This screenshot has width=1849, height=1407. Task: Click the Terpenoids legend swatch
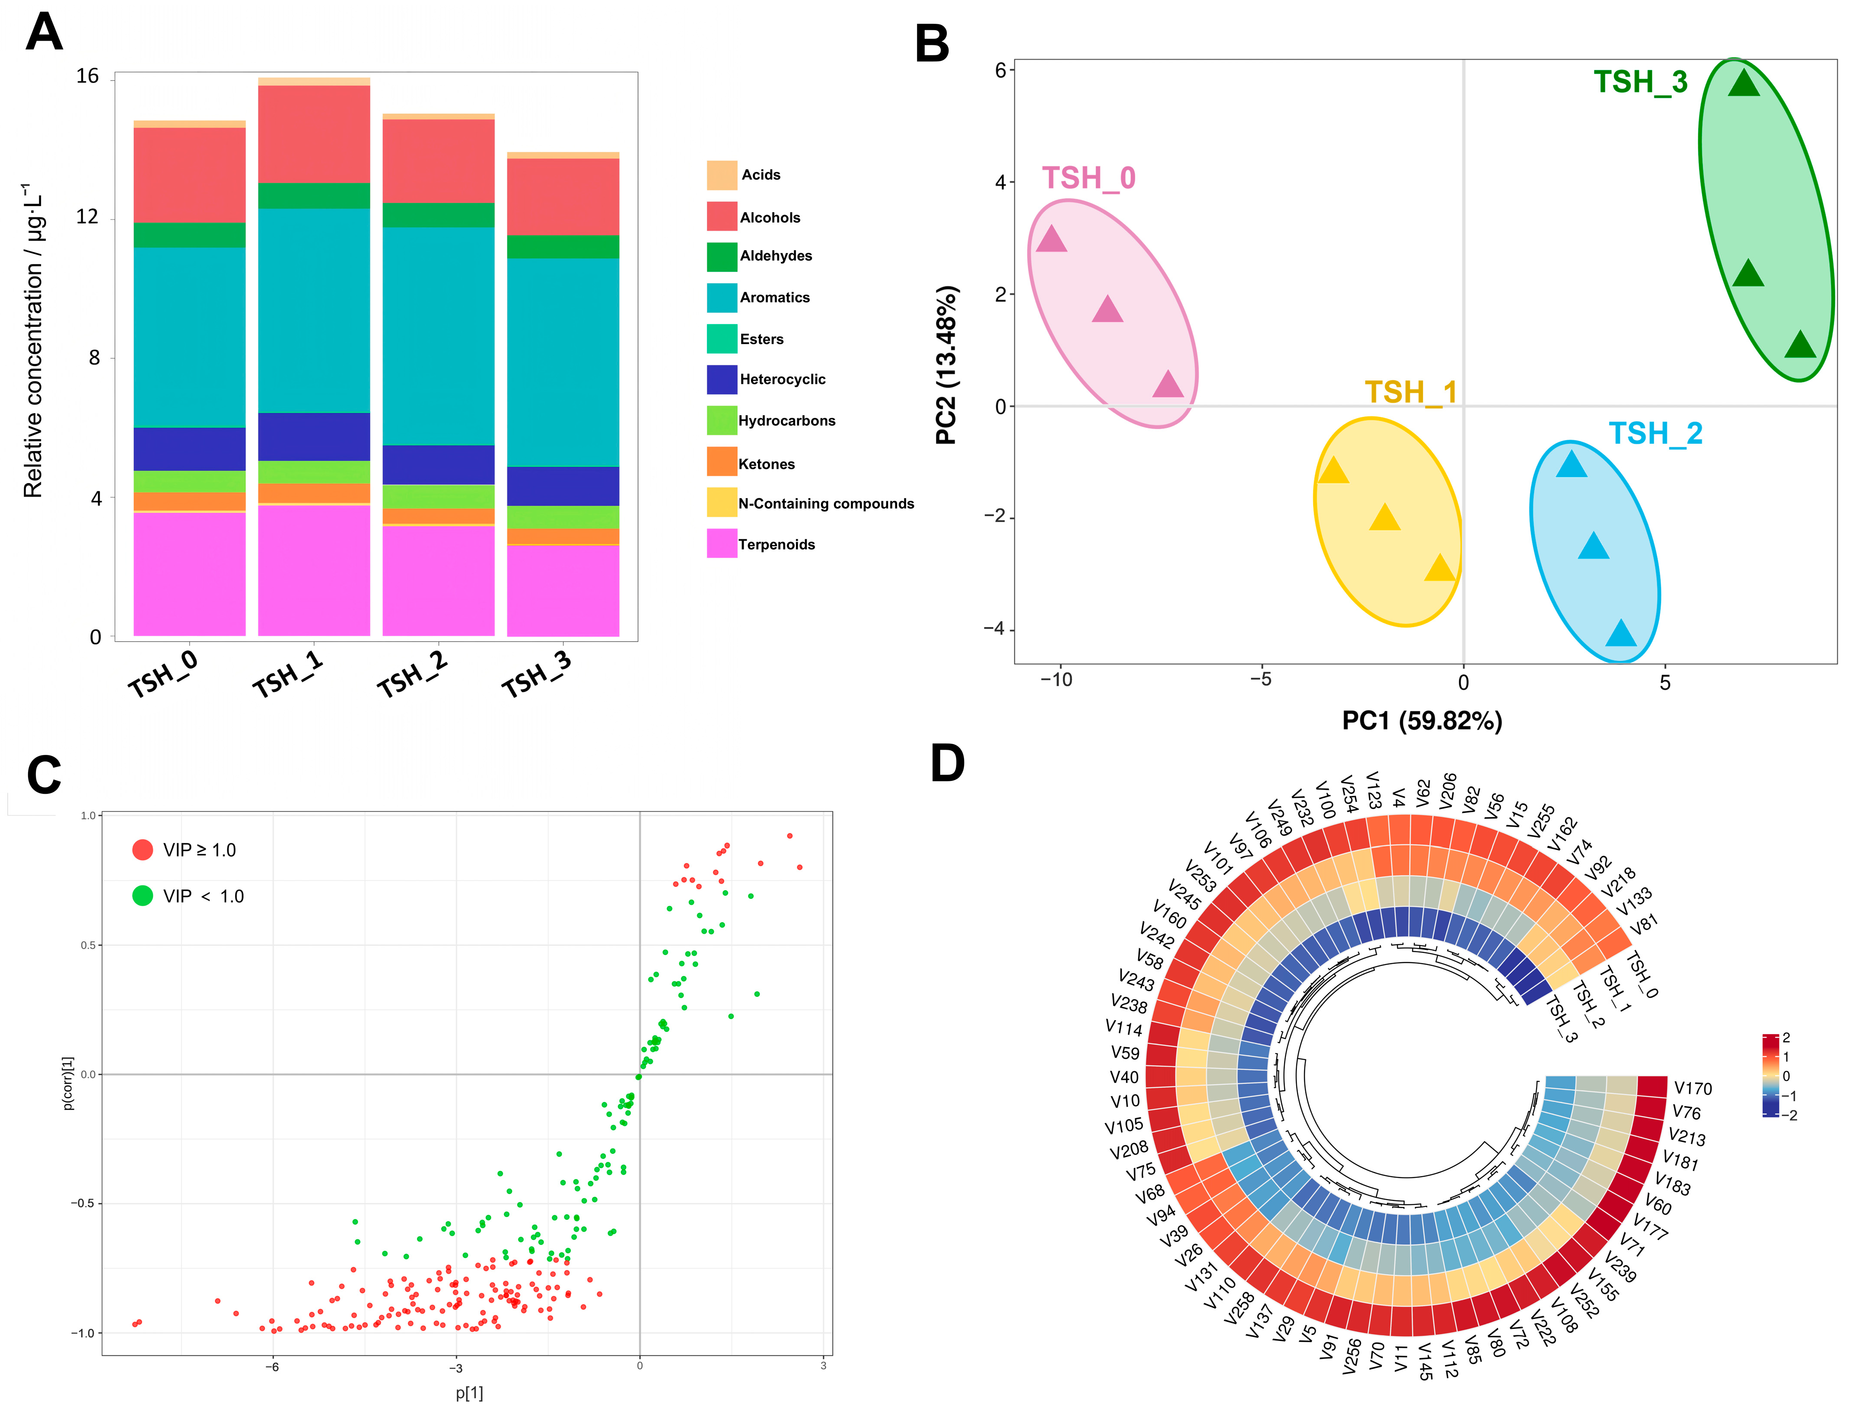[x=721, y=544]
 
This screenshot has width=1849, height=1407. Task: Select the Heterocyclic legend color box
[x=721, y=379]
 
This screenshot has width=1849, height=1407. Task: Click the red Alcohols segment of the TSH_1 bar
[x=314, y=134]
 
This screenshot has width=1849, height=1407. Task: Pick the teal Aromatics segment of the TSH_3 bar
[x=563, y=362]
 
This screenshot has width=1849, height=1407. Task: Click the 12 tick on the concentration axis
[x=88, y=217]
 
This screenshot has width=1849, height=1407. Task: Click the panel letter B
[x=932, y=44]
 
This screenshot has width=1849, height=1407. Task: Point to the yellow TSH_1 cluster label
[x=1411, y=392]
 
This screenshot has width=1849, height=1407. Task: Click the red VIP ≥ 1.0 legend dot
[x=142, y=850]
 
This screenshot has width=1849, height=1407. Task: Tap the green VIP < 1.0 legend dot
[x=142, y=896]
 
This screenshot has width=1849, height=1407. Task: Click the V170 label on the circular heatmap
[x=1693, y=1089]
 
